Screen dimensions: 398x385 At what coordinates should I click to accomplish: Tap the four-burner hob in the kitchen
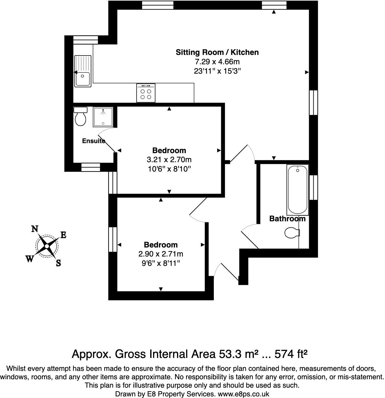coord(146,93)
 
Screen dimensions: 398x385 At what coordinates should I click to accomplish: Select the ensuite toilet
coord(80,117)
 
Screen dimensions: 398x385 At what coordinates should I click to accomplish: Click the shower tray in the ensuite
coord(103,117)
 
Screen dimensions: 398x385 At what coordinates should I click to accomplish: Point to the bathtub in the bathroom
coord(297,190)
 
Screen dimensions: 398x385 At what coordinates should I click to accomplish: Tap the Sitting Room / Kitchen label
coord(217,52)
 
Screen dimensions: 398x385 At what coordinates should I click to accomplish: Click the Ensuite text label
coord(93,141)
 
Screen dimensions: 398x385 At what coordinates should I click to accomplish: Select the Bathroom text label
coord(287,219)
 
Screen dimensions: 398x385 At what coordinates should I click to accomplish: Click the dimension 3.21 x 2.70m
coord(169,160)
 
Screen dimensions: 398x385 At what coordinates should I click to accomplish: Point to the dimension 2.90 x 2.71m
coord(161,254)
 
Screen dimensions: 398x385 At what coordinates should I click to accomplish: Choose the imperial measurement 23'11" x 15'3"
coord(217,71)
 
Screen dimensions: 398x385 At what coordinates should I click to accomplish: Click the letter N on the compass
coord(35,229)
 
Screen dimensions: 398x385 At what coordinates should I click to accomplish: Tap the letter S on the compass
coord(58,263)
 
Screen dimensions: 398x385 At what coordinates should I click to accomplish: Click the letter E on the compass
coord(63,235)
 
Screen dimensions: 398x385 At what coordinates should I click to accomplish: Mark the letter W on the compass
coord(30,259)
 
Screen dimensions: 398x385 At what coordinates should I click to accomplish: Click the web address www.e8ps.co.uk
coord(244,394)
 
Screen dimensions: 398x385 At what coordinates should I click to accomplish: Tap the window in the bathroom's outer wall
coord(313,187)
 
